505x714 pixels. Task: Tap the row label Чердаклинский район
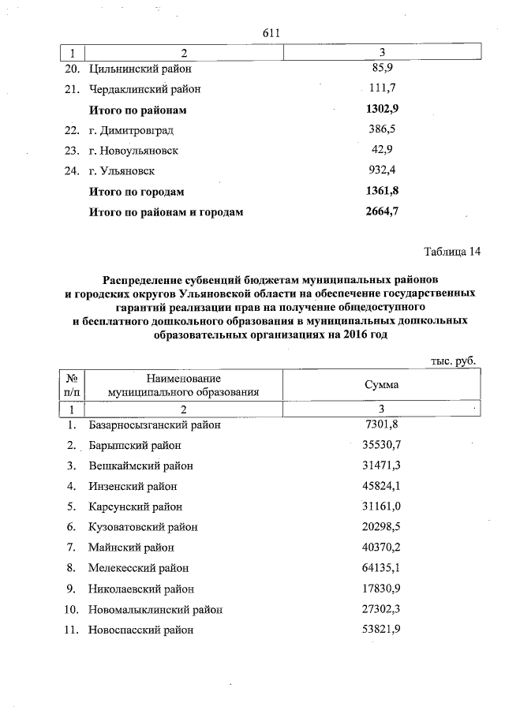pyautogui.click(x=145, y=88)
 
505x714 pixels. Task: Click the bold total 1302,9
pyautogui.click(x=381, y=109)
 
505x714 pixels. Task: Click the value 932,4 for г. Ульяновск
pyautogui.click(x=381, y=170)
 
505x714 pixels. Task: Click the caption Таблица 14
pyautogui.click(x=451, y=252)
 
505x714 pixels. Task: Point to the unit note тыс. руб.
pyautogui.click(x=452, y=360)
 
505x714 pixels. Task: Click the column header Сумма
pyautogui.click(x=381, y=385)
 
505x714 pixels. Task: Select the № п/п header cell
pyautogui.click(x=71, y=385)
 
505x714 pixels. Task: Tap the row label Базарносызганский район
pyautogui.click(x=154, y=424)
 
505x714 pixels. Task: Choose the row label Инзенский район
pyautogui.click(x=133, y=486)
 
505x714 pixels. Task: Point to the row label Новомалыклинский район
pyautogui.click(x=155, y=609)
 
